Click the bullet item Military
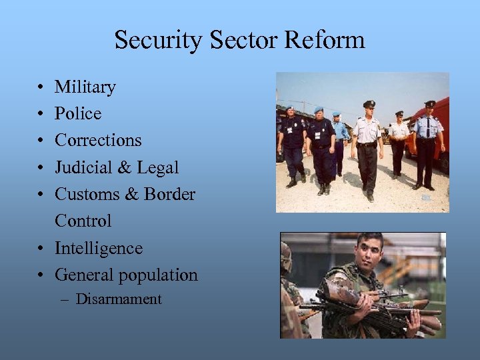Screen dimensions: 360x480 coord(85,87)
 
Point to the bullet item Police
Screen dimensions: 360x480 coord(78,114)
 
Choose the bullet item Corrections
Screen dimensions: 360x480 coord(98,141)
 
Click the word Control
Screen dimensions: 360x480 coord(83,221)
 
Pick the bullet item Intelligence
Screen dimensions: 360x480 coord(99,249)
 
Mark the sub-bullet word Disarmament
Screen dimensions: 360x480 coord(119,299)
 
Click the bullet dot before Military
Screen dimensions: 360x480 coord(41,88)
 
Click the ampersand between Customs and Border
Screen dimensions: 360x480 coord(131,195)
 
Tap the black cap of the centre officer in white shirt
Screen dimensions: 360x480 coord(369,104)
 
